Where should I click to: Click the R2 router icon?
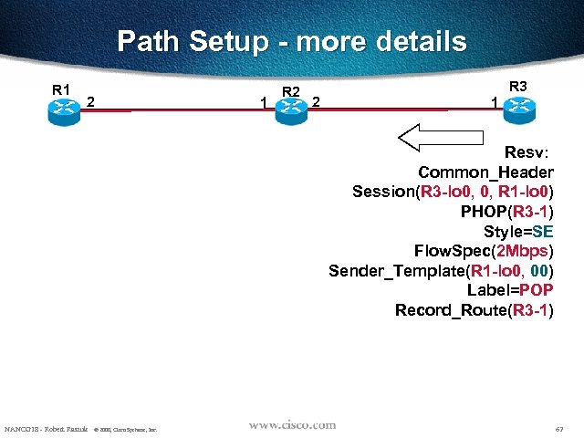pyautogui.click(x=290, y=107)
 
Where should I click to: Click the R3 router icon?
pyautogui.click(x=519, y=107)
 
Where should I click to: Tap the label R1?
pyautogui.click(x=61, y=89)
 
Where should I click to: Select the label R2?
pyautogui.click(x=292, y=90)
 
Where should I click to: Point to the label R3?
pyautogui.click(x=517, y=87)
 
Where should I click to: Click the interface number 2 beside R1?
pyautogui.click(x=91, y=101)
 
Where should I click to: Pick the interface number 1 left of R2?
pyautogui.click(x=263, y=102)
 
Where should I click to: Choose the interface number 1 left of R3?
pyautogui.click(x=494, y=102)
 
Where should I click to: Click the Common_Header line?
pyautogui.click(x=485, y=172)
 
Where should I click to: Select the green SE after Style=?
pyautogui.click(x=543, y=231)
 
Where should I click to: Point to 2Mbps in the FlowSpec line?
pyautogui.click(x=521, y=251)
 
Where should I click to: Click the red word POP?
pyautogui.click(x=536, y=290)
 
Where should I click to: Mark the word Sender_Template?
pyautogui.click(x=395, y=271)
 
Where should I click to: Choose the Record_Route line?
pyautogui.click(x=474, y=310)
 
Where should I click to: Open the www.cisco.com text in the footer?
pyautogui.click(x=292, y=425)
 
